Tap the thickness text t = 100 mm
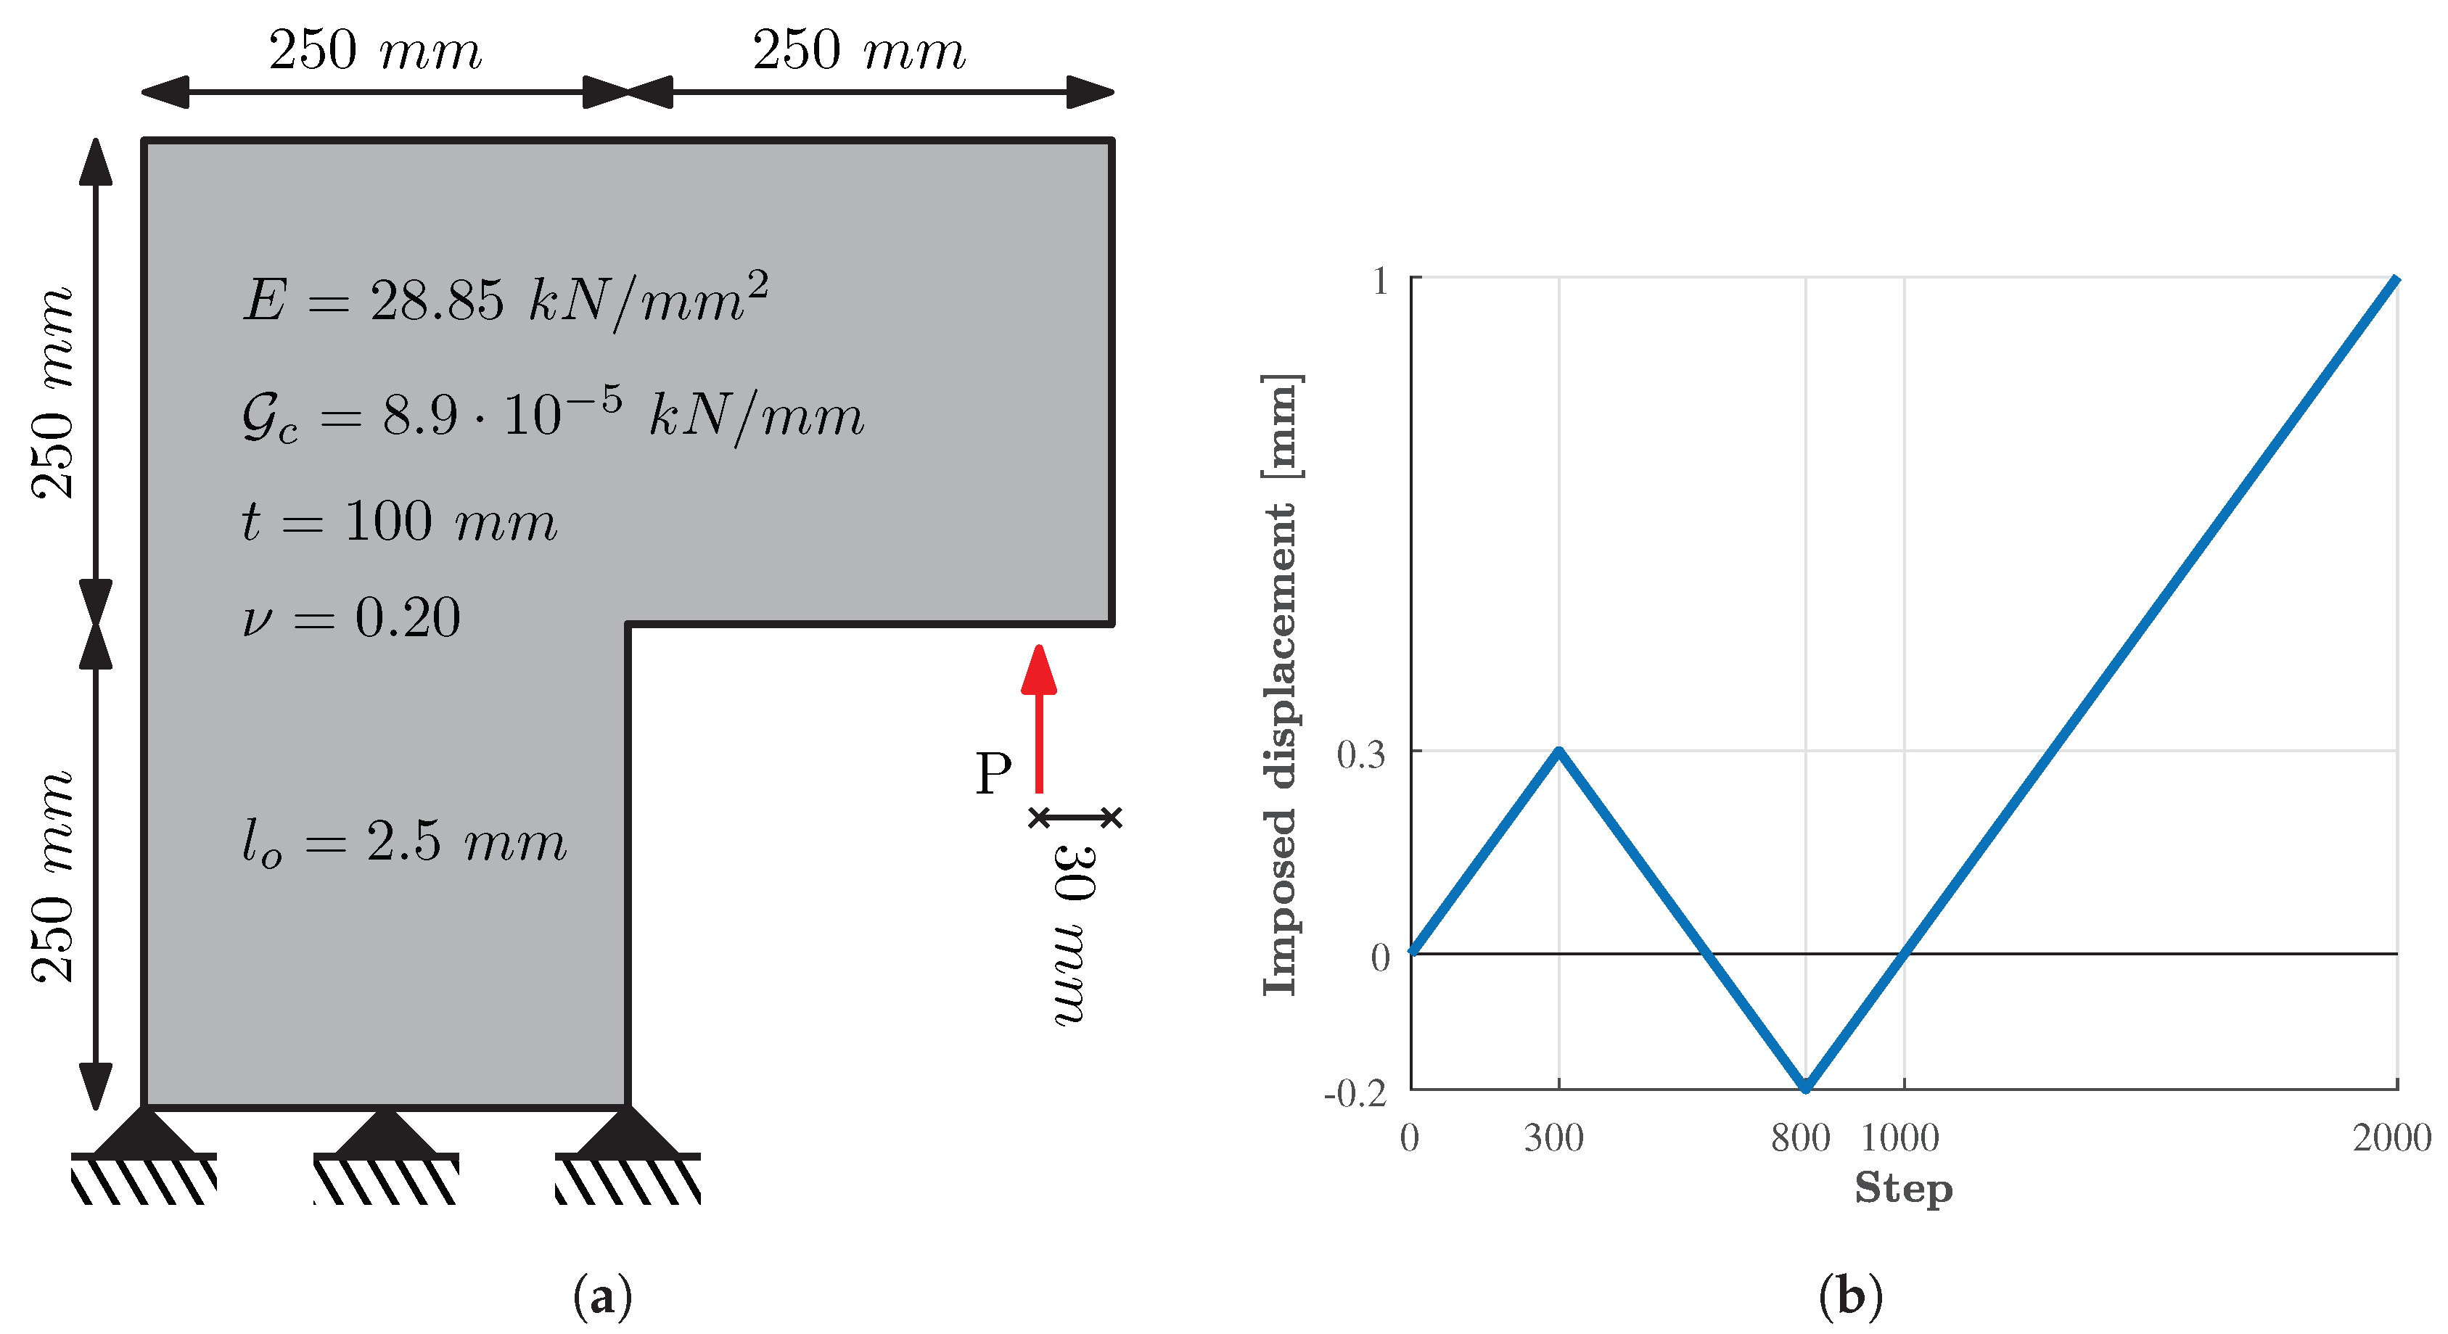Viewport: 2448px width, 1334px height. (399, 522)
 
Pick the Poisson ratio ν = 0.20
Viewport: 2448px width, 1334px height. (352, 617)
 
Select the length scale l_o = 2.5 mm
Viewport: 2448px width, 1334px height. (404, 842)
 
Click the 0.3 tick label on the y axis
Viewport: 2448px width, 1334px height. (1361, 754)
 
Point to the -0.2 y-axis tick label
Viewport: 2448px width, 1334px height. (1355, 1092)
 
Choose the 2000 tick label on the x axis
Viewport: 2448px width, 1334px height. (2391, 1137)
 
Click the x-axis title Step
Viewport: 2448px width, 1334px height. (1902, 1187)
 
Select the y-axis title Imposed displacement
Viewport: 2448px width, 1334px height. (1279, 684)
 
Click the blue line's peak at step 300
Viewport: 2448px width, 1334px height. (1558, 752)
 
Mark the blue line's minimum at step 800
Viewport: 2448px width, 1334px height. (1806, 1087)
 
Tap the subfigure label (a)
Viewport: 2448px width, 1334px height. (602, 1296)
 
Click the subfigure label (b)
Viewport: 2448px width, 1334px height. (1849, 1296)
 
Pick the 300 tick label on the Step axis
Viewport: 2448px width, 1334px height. (1553, 1137)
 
